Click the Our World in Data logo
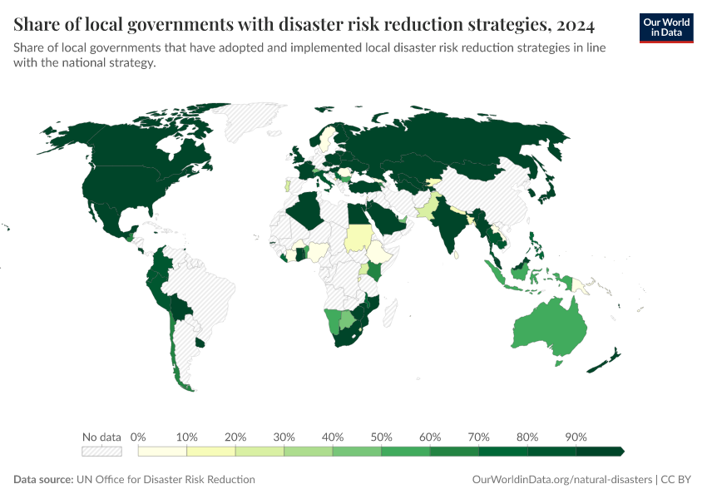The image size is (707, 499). pyautogui.click(x=665, y=27)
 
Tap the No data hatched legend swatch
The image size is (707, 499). pyautogui.click(x=101, y=452)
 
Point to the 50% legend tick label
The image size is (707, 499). pyautogui.click(x=381, y=437)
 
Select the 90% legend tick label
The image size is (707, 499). pyautogui.click(x=576, y=437)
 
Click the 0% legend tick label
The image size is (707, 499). pyautogui.click(x=139, y=437)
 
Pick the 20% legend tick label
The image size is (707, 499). pyautogui.click(x=235, y=437)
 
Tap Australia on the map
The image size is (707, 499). pyautogui.click(x=545, y=329)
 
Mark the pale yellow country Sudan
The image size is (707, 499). pyautogui.click(x=358, y=239)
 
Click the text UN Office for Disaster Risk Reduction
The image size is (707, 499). pyautogui.click(x=164, y=480)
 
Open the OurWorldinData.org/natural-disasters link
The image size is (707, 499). pyautogui.click(x=561, y=480)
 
